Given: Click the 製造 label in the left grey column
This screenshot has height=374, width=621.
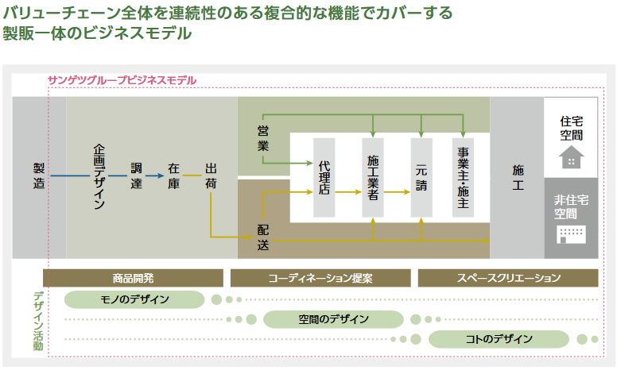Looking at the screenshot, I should tap(39, 175).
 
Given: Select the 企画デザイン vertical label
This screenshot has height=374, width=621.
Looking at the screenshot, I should tap(99, 176).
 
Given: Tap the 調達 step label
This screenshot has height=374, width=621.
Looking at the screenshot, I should tap(137, 176).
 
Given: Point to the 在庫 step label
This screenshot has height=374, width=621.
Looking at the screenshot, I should tap(174, 176).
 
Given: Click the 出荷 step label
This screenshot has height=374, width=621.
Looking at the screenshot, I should tap(211, 176).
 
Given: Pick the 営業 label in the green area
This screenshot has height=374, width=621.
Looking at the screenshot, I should tap(263, 137).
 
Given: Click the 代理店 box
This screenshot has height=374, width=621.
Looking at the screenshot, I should tap(324, 177).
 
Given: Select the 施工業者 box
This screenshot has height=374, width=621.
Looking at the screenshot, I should tap(373, 177).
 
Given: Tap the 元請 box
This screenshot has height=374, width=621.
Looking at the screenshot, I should tap(421, 177).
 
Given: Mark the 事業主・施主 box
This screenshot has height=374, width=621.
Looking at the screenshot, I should tap(464, 177).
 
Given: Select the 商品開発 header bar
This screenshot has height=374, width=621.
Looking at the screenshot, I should tap(133, 278).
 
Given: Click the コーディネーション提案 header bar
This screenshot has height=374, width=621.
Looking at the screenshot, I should tap(320, 278).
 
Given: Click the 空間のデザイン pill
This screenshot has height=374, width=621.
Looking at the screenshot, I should tap(333, 319).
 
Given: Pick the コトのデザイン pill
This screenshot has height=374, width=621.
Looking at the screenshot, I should tap(499, 339).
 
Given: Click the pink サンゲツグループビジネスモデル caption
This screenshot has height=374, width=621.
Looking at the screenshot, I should tap(122, 81).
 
